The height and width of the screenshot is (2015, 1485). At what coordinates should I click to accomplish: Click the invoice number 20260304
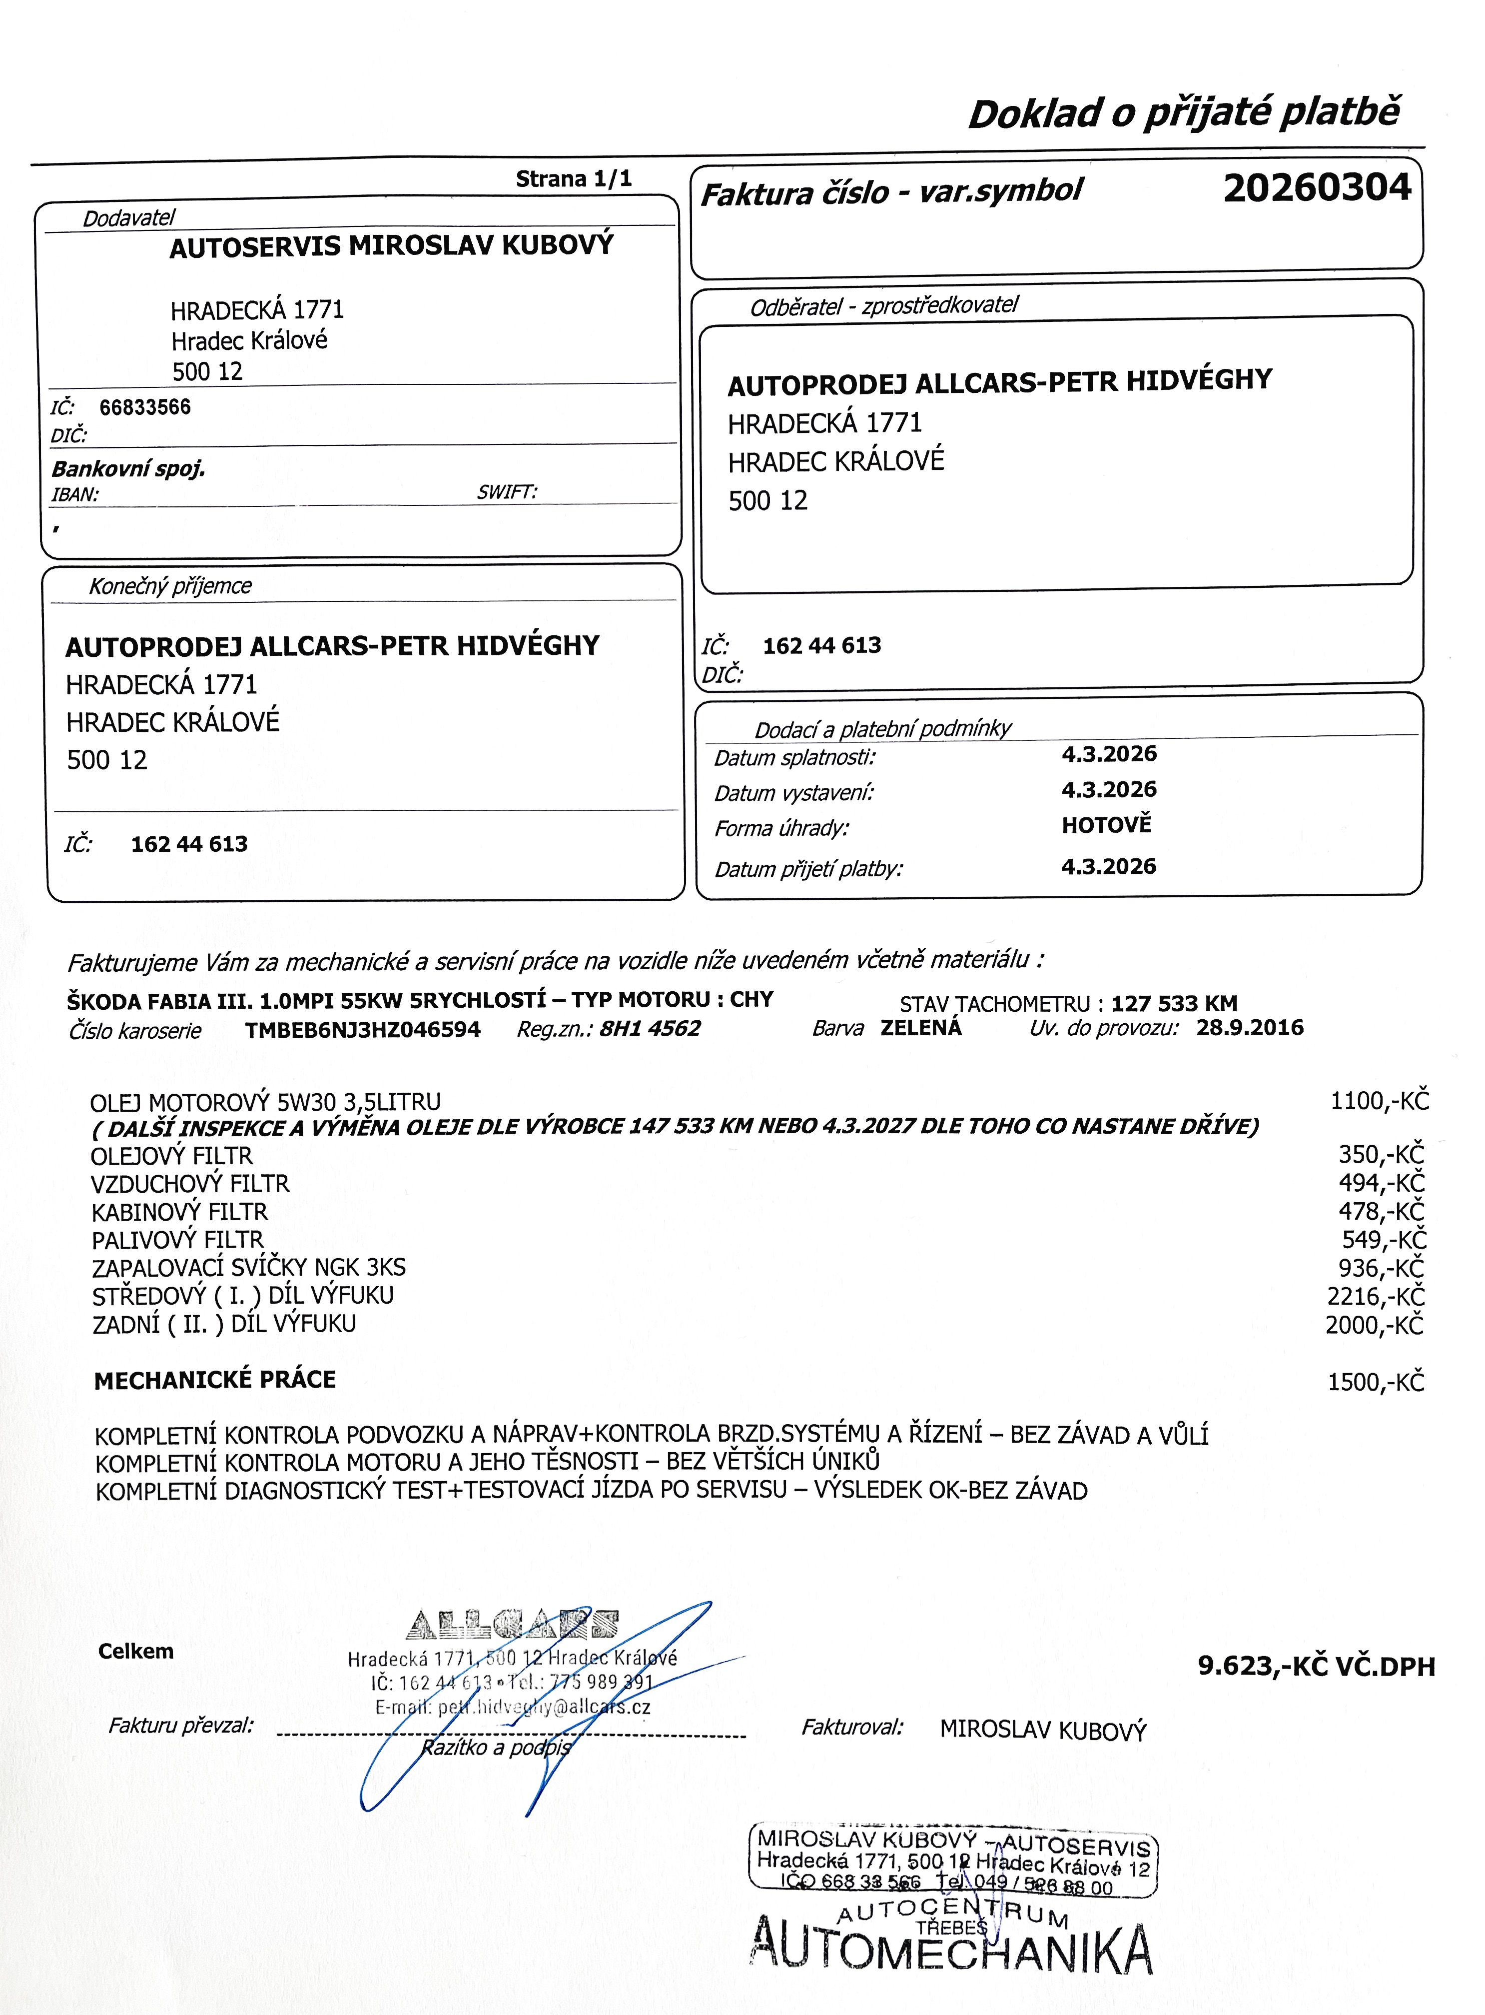point(1317,188)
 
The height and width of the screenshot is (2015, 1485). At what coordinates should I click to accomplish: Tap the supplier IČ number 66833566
point(145,407)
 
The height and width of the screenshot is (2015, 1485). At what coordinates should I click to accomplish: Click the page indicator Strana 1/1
point(574,179)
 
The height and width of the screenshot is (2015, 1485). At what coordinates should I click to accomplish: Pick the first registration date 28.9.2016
point(1250,1028)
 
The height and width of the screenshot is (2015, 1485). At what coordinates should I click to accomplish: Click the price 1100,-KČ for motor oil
point(1379,1101)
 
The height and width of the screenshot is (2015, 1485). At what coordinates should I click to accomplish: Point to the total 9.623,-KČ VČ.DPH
point(1316,1666)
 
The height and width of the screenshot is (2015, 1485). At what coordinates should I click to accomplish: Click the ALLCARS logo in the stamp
point(512,1624)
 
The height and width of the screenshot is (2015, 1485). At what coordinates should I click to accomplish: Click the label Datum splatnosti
point(794,758)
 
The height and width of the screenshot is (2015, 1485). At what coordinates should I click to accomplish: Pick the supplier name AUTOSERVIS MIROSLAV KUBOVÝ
point(391,246)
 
